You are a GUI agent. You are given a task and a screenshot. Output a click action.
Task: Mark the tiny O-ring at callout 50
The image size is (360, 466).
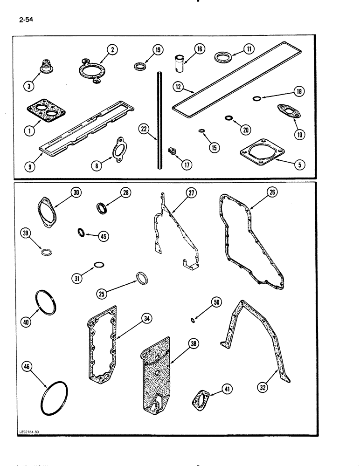click(193, 320)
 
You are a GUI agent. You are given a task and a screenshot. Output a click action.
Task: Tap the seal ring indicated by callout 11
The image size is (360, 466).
click(221, 58)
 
